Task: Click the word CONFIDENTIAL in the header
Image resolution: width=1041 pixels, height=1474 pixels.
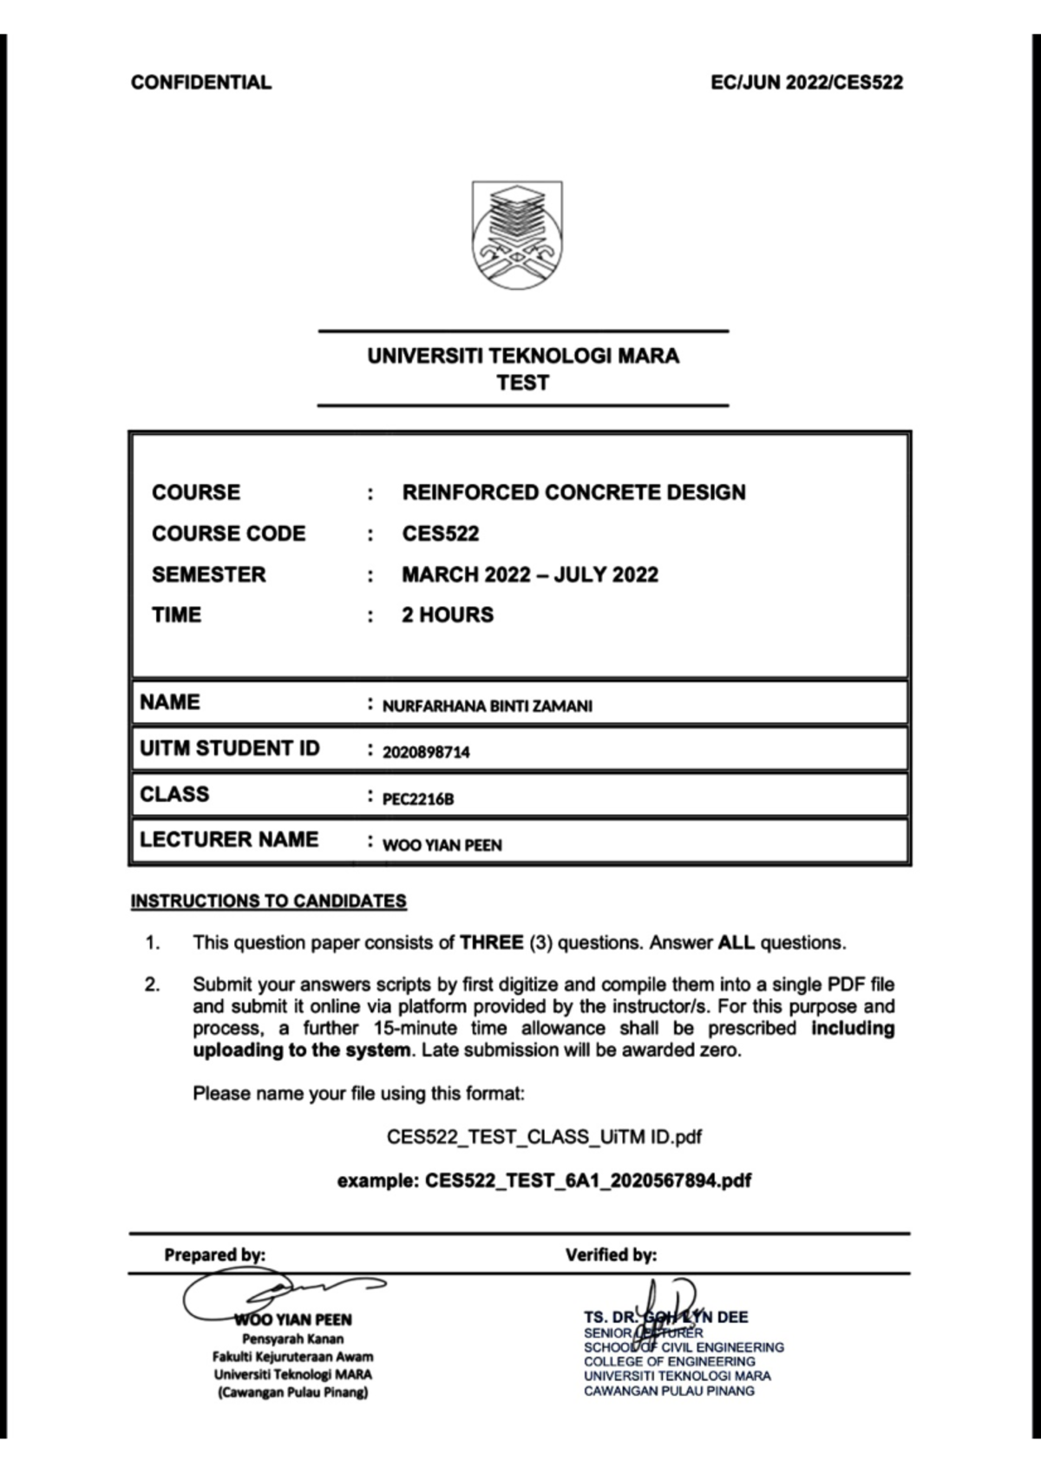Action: point(200,82)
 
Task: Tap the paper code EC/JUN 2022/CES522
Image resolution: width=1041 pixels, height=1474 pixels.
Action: point(806,82)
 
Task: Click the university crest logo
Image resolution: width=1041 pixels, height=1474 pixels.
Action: point(517,235)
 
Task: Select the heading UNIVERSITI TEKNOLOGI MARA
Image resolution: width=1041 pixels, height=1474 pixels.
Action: point(523,356)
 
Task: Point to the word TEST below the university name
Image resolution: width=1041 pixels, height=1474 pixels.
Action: point(522,383)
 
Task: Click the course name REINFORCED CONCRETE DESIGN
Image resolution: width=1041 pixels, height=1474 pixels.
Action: point(573,492)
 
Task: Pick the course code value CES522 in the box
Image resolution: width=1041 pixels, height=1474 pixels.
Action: point(440,533)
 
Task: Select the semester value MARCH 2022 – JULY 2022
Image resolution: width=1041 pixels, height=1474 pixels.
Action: point(529,575)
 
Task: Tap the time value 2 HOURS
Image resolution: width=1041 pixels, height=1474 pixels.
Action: point(448,615)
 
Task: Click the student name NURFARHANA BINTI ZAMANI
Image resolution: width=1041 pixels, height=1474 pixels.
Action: point(487,707)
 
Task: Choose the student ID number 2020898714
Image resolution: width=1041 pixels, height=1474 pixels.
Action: point(426,753)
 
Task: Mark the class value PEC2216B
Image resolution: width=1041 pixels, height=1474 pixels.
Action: point(418,799)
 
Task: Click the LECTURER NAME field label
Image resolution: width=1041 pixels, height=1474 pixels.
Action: point(229,839)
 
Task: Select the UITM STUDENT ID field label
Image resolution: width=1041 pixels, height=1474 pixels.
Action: point(229,748)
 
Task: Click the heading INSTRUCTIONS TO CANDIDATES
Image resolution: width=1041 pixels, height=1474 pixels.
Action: point(268,901)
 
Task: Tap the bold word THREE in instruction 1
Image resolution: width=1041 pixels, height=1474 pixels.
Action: point(491,943)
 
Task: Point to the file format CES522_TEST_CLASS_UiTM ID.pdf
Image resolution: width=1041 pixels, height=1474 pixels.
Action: point(544,1137)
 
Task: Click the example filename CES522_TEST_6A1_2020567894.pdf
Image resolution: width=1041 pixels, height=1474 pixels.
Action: point(587,1181)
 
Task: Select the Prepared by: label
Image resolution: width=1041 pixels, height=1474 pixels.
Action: point(214,1254)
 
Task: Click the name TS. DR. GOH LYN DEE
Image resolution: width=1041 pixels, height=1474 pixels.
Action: point(665,1317)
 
